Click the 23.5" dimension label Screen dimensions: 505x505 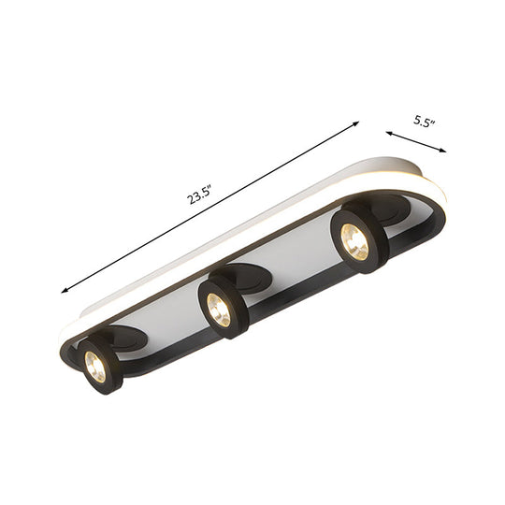(x=199, y=196)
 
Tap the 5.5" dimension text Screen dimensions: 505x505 (x=426, y=121)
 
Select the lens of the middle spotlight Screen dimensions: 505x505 (x=219, y=310)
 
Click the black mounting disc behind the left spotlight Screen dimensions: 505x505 (x=126, y=336)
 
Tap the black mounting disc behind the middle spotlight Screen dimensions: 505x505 (x=251, y=277)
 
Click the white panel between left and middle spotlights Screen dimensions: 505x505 (x=168, y=309)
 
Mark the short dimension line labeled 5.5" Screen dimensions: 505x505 (x=415, y=142)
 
